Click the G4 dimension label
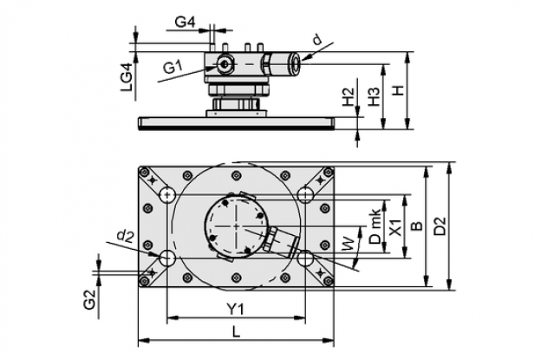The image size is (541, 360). click(x=185, y=22)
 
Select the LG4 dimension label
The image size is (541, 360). click(x=127, y=77)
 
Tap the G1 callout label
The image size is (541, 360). click(x=173, y=68)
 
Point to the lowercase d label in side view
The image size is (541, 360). click(x=316, y=41)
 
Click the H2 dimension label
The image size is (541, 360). click(x=349, y=97)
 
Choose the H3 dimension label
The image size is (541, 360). click(x=374, y=96)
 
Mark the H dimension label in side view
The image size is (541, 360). click(x=399, y=91)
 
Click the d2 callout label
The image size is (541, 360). click(x=126, y=236)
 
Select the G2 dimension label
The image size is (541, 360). click(x=89, y=299)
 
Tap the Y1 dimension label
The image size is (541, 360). click(x=235, y=309)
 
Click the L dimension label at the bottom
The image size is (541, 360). click(x=236, y=332)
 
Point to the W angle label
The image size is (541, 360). click(x=349, y=244)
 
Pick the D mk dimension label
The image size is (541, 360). click(x=375, y=226)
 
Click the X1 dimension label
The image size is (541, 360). click(x=396, y=227)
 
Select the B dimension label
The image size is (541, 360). click(x=417, y=226)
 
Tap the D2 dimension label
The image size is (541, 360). click(x=440, y=226)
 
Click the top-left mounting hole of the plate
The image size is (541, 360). click(x=167, y=195)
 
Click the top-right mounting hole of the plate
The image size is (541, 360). click(x=305, y=195)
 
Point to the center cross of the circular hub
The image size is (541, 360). click(x=236, y=226)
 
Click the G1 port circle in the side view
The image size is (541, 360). click(x=225, y=64)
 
